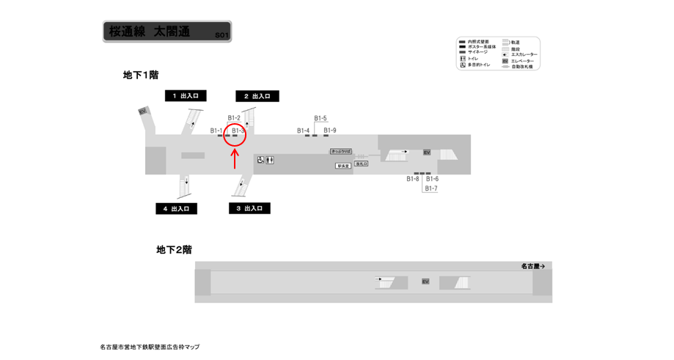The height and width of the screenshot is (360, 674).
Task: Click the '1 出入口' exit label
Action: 186,96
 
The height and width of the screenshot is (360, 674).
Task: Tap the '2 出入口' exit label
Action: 257,96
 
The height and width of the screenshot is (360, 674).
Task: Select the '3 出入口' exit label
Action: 249,208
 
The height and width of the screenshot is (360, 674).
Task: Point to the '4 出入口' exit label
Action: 176,209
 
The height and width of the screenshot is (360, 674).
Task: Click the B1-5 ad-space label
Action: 320,119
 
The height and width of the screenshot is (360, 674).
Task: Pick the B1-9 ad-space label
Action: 330,131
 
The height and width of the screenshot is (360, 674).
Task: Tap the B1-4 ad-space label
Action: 303,131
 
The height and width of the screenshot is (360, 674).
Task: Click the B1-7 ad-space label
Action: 431,188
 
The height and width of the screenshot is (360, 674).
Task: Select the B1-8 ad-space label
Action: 413,179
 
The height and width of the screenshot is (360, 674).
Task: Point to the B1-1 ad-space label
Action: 216,131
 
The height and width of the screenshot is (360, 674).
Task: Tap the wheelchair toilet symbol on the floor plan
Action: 260,160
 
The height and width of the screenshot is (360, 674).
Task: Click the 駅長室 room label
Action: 343,166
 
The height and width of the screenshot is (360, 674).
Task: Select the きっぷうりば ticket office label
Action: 340,152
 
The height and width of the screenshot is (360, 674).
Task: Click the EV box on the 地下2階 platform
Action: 425,282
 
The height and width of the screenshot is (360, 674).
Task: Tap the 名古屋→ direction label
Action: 533,266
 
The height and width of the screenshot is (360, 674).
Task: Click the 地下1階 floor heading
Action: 141,75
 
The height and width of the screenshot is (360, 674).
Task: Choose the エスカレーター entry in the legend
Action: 520,55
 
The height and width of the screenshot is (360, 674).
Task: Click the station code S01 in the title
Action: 222,35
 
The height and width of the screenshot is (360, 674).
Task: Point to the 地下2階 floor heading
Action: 175,250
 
